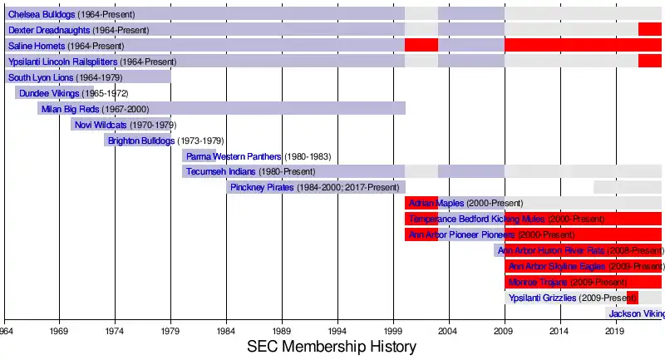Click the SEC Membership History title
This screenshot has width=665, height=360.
coord(332,348)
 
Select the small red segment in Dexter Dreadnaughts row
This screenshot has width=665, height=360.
coord(649,30)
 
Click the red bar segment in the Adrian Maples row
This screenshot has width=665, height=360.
coord(421,204)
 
